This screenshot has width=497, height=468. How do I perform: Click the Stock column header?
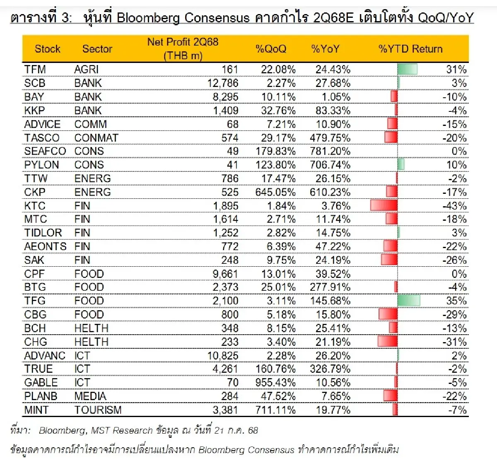[47, 49]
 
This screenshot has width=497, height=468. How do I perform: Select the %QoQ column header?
[271, 49]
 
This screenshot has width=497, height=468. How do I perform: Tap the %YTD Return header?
[410, 49]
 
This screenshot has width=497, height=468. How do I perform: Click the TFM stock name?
[35, 70]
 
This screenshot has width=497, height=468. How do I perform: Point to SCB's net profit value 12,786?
[223, 83]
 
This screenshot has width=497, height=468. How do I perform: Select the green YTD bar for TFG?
[408, 301]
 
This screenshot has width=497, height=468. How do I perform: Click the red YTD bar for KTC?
[384, 206]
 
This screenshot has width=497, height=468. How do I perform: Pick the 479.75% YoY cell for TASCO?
[330, 138]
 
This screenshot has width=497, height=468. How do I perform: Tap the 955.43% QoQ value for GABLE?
[275, 383]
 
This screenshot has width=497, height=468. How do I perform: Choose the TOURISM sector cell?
[98, 410]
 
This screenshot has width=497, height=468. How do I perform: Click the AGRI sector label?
[87, 70]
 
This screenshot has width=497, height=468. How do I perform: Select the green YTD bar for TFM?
[407, 70]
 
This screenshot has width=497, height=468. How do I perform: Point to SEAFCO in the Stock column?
[45, 151]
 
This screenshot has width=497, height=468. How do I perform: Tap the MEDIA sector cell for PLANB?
[90, 396]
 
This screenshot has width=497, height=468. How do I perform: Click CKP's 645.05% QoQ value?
[275, 192]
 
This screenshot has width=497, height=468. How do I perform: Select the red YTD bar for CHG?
[388, 342]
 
